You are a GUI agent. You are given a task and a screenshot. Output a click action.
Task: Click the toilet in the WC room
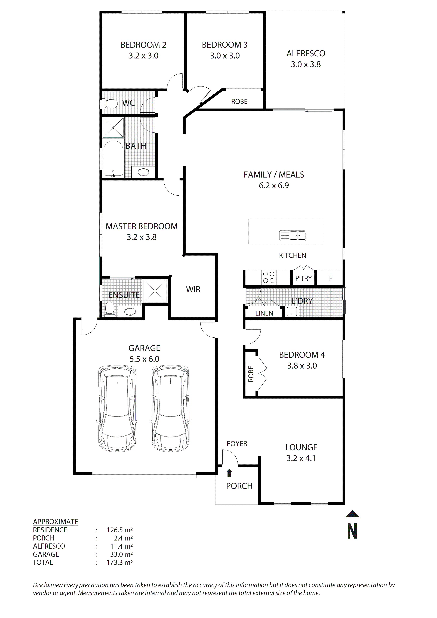[110, 104]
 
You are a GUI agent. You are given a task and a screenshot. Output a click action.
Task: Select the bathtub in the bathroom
[113, 159]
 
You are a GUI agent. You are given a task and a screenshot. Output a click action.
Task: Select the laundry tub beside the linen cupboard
[292, 312]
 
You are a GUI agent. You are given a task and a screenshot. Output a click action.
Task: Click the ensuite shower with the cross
[155, 291]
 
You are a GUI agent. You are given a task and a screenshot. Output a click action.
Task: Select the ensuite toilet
[110, 308]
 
